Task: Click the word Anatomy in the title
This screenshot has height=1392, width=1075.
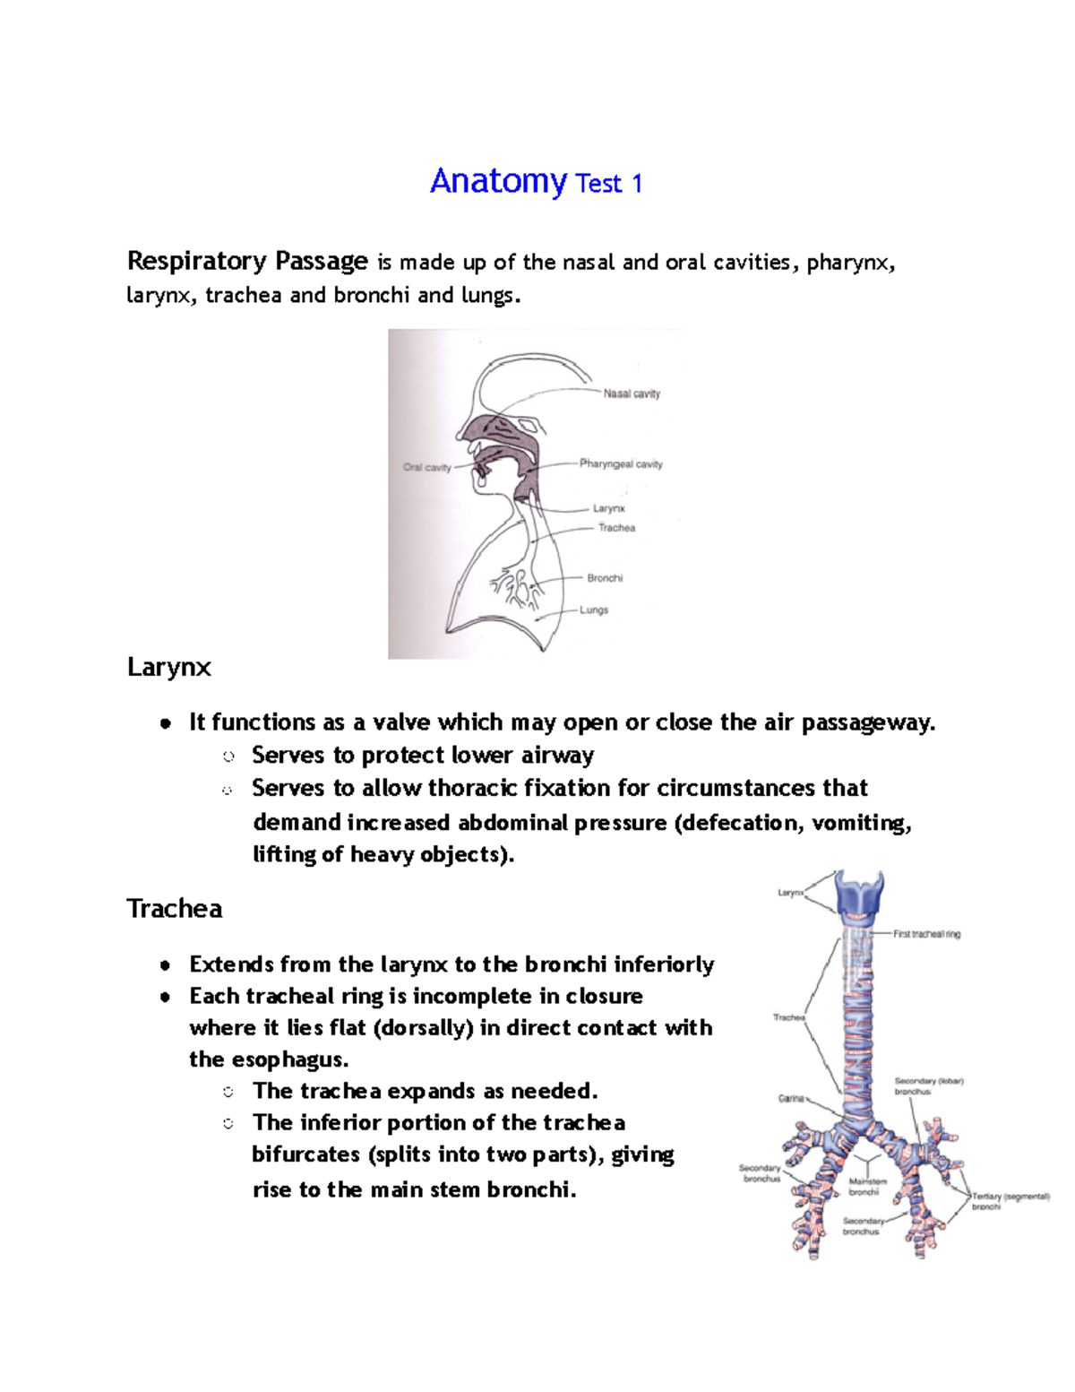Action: [x=497, y=182]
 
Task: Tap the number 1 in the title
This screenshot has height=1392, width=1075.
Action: [x=637, y=184]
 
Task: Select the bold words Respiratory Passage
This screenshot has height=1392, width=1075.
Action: [x=247, y=261]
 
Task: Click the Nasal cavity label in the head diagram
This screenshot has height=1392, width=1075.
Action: [x=632, y=393]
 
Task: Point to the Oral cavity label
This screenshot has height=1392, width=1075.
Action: [x=426, y=467]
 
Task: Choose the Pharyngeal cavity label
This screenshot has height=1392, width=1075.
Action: [x=621, y=464]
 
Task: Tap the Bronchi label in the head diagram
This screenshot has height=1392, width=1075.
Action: [x=605, y=578]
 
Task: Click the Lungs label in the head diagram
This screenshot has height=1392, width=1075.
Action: [x=594, y=610]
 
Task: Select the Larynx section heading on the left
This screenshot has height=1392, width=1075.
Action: [x=169, y=667]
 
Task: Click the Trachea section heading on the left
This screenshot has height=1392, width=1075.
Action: [x=175, y=909]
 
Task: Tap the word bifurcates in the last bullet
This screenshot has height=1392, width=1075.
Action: [x=305, y=1154]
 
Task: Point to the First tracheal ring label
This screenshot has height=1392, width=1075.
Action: [x=926, y=934]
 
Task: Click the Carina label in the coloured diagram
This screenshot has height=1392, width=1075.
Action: [x=790, y=1098]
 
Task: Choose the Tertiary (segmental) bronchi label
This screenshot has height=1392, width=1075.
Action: [x=1010, y=1201]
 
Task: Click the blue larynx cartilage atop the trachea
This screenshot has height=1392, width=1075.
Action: [x=860, y=895]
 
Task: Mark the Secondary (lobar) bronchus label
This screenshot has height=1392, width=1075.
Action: [x=928, y=1086]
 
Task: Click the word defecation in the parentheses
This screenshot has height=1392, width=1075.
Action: [x=741, y=823]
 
